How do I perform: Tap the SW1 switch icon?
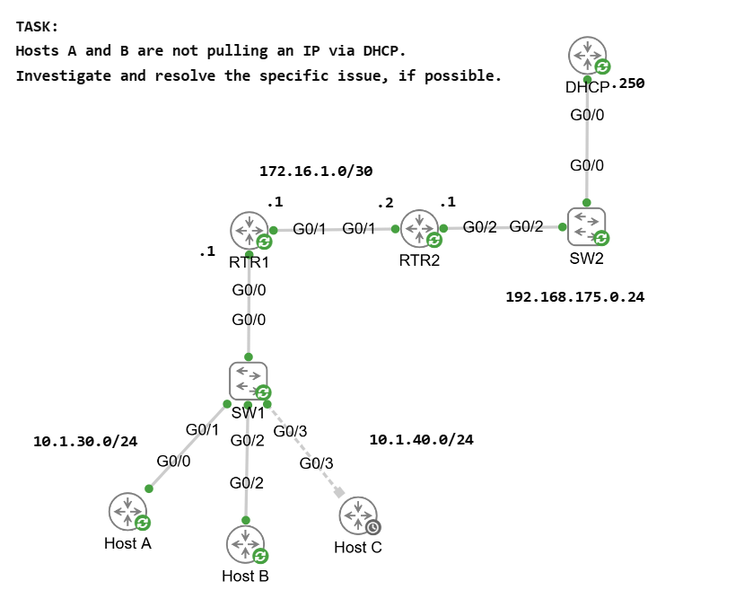click(248, 381)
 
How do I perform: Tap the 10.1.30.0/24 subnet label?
click(85, 441)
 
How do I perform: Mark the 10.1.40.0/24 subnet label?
click(421, 439)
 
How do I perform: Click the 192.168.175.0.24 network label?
click(574, 295)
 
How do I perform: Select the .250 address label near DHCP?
click(628, 84)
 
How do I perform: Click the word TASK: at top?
click(37, 28)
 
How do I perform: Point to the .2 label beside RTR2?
click(385, 203)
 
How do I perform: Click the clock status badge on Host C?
click(373, 527)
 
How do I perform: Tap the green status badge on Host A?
click(143, 522)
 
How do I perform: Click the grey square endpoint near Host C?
click(338, 492)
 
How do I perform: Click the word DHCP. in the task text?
click(381, 51)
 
